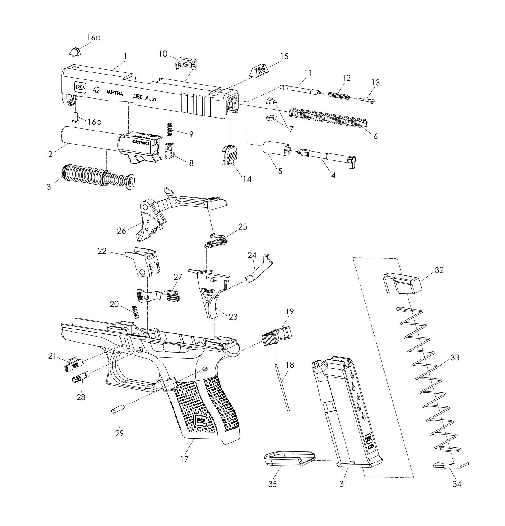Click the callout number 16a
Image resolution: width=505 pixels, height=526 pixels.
[x=94, y=38]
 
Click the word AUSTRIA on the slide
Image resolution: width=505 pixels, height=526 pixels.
[x=115, y=93]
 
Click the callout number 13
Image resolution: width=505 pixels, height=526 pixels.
[x=375, y=83]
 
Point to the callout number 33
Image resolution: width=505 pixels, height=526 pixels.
[x=455, y=357]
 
